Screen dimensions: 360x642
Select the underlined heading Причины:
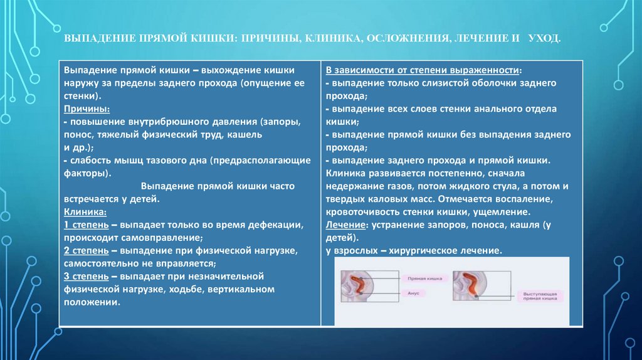[84, 109]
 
